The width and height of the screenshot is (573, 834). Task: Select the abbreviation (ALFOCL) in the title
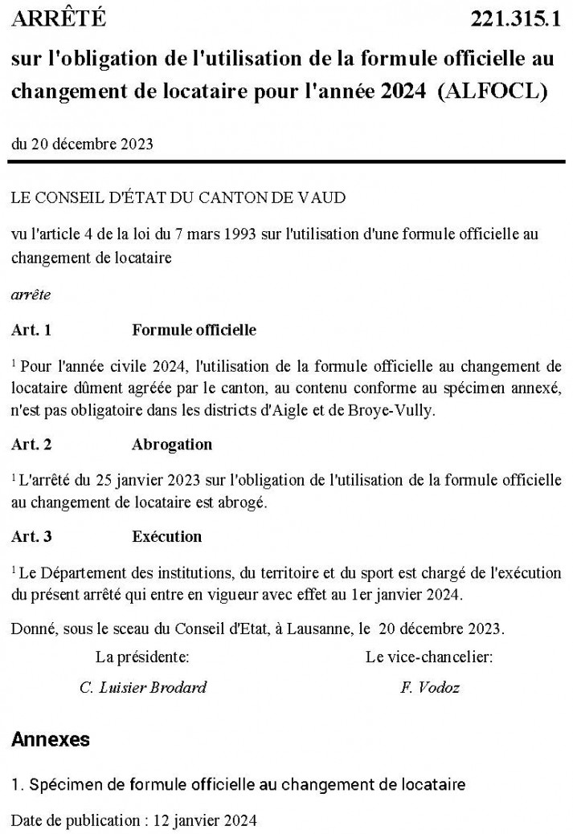point(493,90)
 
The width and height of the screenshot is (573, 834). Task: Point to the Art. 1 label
point(31,330)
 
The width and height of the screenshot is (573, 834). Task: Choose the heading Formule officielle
point(194,330)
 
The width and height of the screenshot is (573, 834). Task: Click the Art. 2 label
point(31,444)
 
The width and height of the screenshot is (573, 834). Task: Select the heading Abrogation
point(172,444)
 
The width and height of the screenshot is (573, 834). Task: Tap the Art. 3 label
point(31,536)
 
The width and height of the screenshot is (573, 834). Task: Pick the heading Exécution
point(166,536)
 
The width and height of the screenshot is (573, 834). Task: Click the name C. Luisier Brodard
point(143,687)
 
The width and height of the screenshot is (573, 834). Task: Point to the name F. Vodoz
point(430,687)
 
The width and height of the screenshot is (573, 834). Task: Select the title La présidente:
point(143,657)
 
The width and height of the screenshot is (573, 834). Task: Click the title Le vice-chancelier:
point(429,657)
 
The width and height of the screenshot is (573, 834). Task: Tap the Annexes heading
point(51,739)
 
